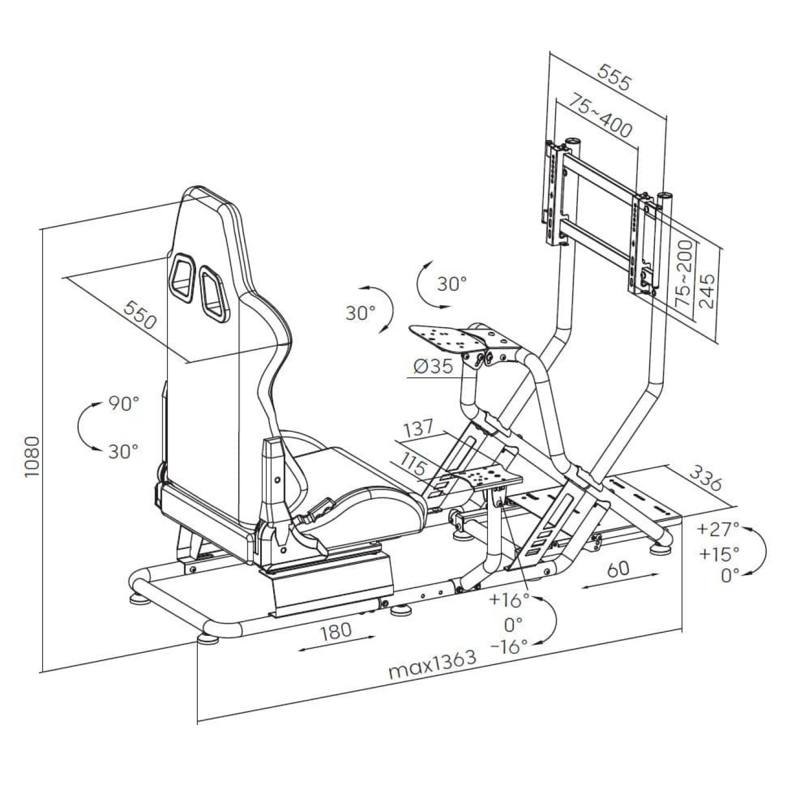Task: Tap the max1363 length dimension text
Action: (x=432, y=664)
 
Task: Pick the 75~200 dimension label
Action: (x=684, y=272)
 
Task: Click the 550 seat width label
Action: (x=139, y=316)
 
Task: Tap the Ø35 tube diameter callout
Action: (x=432, y=367)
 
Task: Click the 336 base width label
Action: (x=705, y=478)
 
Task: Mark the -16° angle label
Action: (x=509, y=646)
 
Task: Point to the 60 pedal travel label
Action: (x=618, y=569)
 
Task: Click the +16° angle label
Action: (x=509, y=599)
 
